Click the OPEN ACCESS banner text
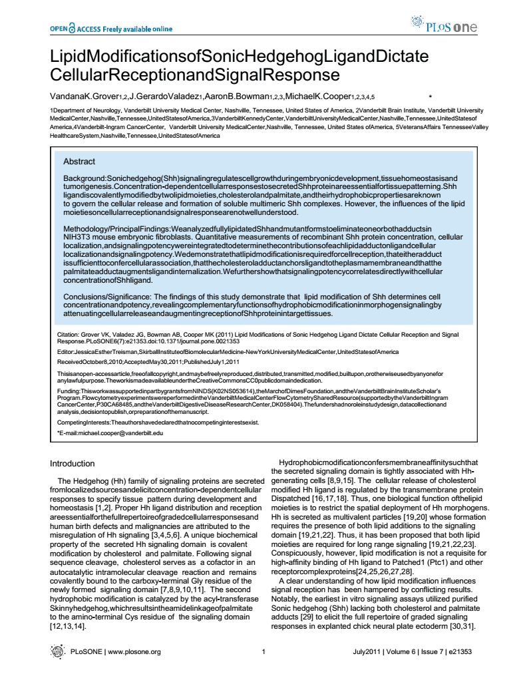point(110,29)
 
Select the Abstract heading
point(79,162)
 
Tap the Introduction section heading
point(73,463)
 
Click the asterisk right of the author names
point(430,97)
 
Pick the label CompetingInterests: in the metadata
point(86,423)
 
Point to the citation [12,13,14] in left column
point(70,626)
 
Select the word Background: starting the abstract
point(84,179)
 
